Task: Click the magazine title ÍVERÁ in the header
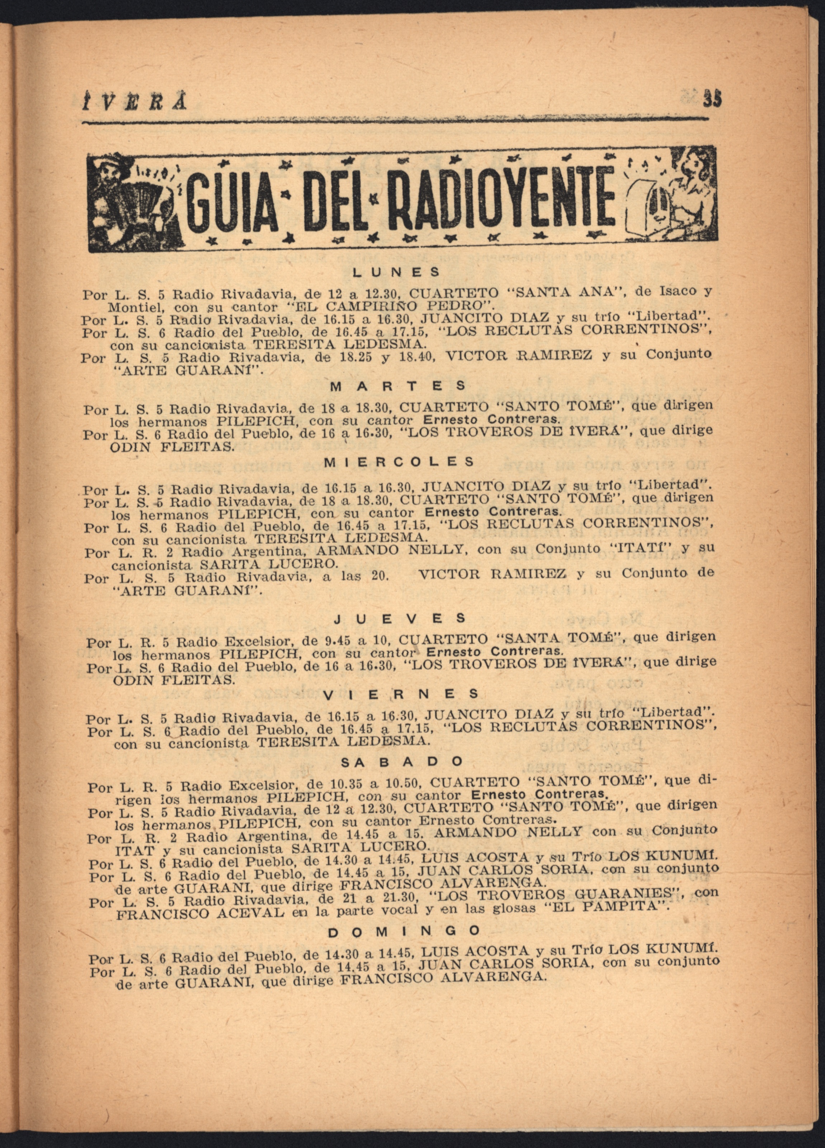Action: tap(134, 102)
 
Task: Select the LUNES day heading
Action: tap(396, 272)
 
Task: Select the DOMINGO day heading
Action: tap(404, 930)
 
